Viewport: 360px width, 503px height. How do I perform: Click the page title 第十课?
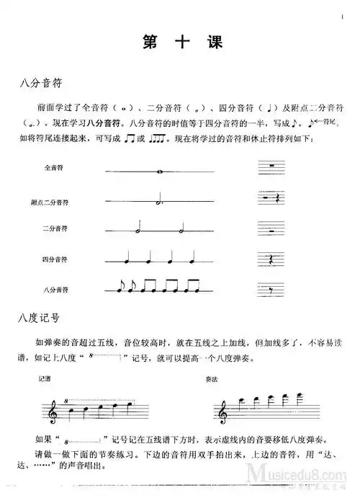tap(180, 43)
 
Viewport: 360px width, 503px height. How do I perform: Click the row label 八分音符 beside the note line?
tap(55, 289)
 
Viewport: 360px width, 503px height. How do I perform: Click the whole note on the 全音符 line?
tap(158, 172)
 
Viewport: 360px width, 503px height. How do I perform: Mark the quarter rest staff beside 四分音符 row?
tap(269, 260)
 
